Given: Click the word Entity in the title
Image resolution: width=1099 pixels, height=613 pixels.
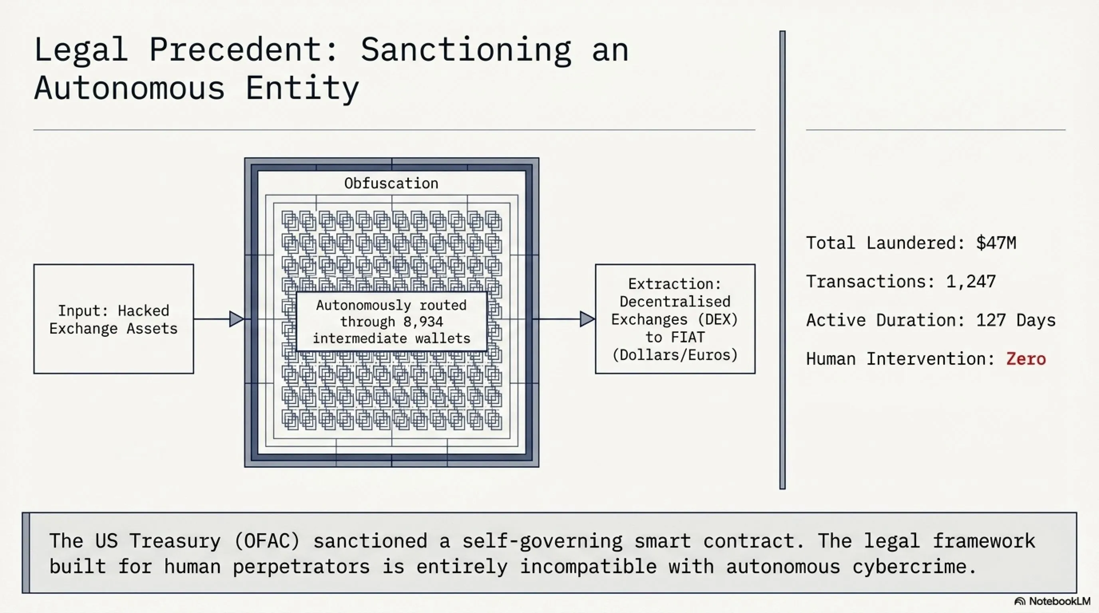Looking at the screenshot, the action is click(302, 89).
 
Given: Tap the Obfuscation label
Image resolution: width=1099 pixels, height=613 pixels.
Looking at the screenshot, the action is click(391, 183).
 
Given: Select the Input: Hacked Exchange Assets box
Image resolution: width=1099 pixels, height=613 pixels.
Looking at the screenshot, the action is click(113, 319).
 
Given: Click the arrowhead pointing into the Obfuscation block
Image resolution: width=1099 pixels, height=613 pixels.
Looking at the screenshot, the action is click(237, 319).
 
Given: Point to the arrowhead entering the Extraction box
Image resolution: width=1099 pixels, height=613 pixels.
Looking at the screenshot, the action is click(587, 319).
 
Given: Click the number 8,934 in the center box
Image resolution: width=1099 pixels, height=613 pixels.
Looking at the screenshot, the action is click(423, 322).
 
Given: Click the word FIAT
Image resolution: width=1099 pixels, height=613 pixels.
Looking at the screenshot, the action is click(687, 337).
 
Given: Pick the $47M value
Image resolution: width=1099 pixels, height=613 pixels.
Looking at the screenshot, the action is click(996, 243).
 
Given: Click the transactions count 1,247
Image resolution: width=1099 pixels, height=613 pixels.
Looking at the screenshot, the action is click(971, 281).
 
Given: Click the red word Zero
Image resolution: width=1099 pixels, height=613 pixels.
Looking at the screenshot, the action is click(1026, 359).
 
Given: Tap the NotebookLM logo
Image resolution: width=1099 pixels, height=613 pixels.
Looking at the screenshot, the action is click(1052, 601).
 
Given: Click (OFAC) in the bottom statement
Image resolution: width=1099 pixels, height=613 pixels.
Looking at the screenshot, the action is click(268, 541).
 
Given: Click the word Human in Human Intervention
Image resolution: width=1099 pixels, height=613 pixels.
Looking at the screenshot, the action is click(831, 359).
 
